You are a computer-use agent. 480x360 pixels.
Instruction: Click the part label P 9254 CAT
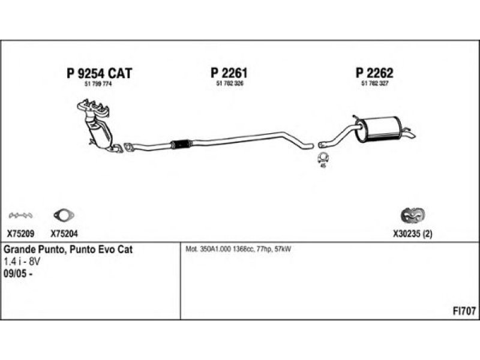98,73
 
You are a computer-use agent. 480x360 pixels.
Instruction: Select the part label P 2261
229,73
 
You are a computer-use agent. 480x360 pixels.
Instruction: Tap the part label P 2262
374,73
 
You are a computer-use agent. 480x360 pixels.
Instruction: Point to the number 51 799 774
99,84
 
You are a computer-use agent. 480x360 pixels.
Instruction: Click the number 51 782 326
229,84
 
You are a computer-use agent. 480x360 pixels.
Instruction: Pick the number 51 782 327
374,84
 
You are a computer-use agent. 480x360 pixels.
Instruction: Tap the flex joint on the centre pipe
181,143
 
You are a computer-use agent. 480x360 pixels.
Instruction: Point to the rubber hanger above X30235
412,215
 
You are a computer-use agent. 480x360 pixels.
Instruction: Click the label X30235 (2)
412,235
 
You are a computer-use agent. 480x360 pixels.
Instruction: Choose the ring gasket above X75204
62,215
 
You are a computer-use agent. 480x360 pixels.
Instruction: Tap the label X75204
64,235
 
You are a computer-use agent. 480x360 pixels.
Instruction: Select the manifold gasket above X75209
20,215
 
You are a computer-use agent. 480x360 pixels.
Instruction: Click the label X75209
20,235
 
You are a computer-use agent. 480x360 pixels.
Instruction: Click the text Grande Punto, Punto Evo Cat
68,250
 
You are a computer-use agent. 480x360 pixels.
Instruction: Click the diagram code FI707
464,311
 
